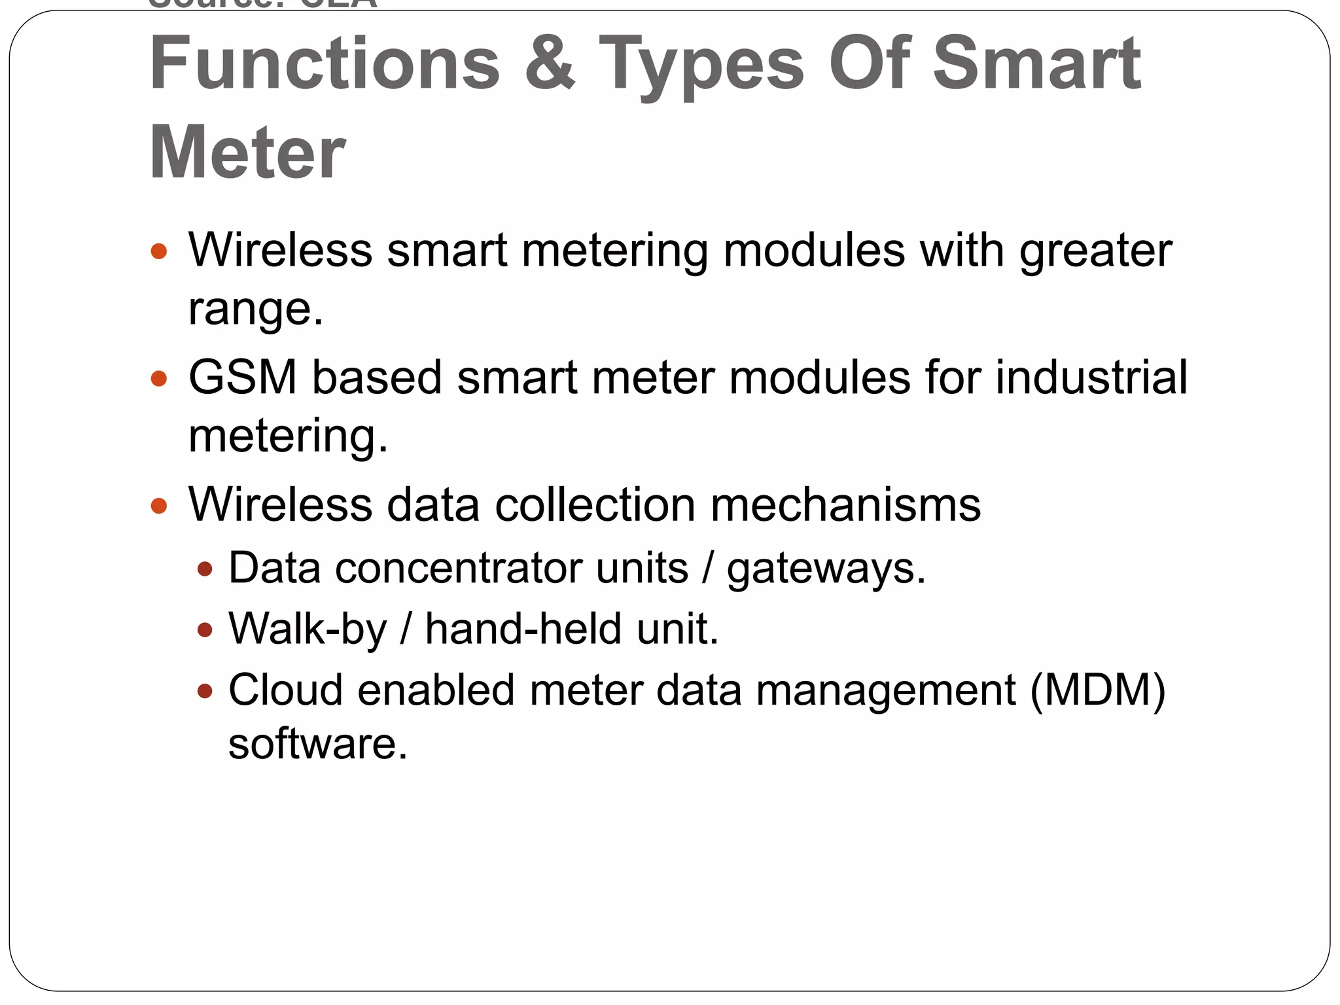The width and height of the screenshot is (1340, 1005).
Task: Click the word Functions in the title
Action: [325, 63]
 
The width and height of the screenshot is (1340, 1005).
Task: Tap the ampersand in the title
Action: [550, 63]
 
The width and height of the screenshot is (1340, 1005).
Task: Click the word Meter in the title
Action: [247, 152]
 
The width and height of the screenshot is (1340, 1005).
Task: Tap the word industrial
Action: [1091, 378]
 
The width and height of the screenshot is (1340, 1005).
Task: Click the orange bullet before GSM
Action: [159, 378]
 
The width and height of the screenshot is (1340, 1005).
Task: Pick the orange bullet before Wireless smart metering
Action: [159, 251]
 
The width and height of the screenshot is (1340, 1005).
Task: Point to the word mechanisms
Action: [845, 505]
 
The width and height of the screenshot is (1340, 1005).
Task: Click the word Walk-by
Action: [308, 629]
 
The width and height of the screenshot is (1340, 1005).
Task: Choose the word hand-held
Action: [523, 629]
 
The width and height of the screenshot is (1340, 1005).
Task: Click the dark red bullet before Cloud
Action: [205, 691]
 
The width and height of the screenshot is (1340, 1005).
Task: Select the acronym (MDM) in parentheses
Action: [1097, 691]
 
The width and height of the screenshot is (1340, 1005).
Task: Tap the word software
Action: [317, 744]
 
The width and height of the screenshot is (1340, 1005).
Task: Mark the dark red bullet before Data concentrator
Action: [205, 569]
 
